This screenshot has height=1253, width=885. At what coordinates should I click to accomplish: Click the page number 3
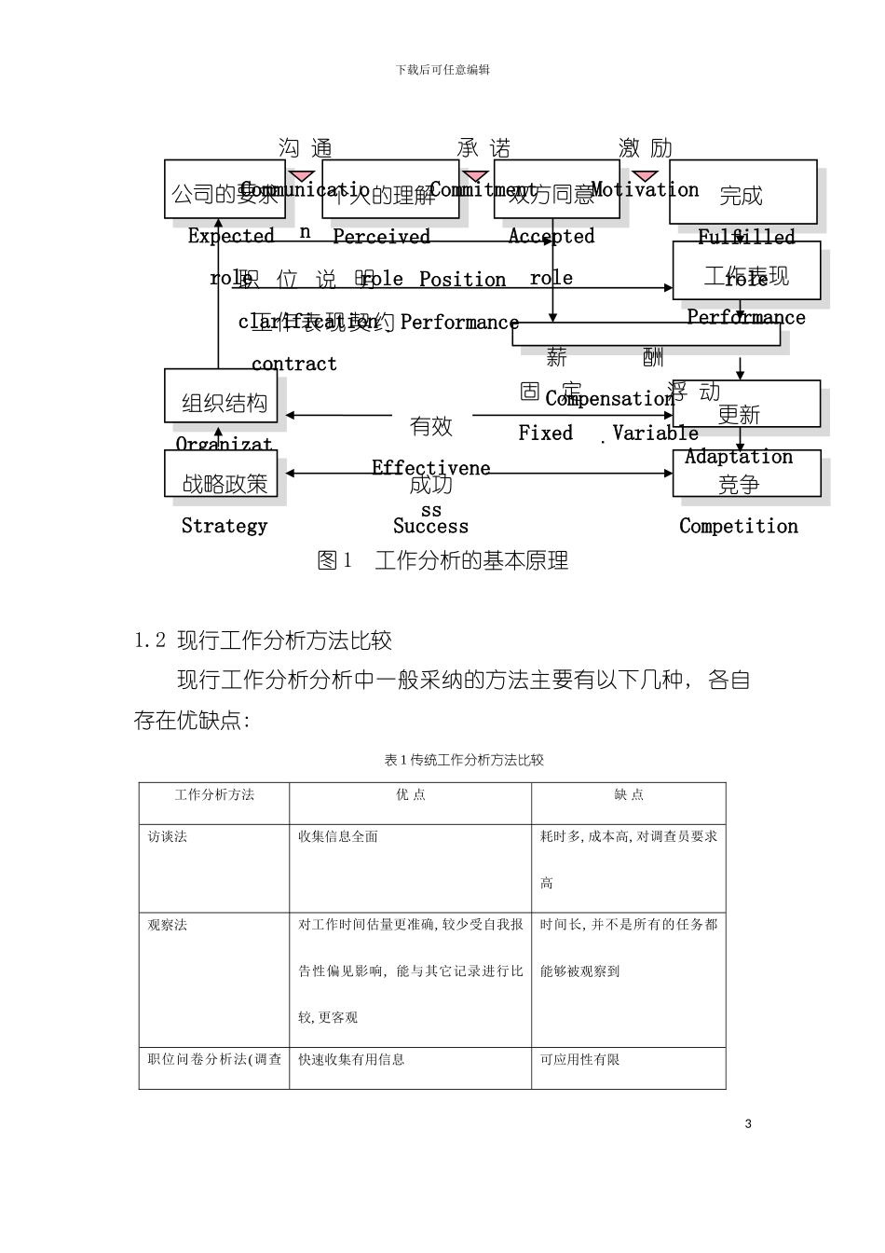[748, 1123]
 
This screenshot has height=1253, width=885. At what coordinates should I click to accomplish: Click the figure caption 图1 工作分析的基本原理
[442, 560]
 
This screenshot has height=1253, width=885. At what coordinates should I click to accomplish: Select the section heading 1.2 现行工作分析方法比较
[263, 640]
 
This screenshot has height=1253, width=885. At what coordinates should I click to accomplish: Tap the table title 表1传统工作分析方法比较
[464, 760]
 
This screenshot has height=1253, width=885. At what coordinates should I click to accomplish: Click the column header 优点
[411, 795]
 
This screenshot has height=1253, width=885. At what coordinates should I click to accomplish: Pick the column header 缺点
[629, 795]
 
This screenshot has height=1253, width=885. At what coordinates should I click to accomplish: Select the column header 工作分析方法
[214, 795]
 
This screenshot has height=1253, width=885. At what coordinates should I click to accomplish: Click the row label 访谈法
[168, 837]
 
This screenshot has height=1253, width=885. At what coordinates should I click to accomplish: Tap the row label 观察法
[168, 925]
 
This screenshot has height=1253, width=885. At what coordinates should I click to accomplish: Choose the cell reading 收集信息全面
[338, 837]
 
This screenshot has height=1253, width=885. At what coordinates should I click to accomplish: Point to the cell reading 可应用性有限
[579, 1060]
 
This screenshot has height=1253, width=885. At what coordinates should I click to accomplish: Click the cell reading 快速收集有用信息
[351, 1060]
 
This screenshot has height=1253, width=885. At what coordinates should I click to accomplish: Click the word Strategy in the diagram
[225, 526]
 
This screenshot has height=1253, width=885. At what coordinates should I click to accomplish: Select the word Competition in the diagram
[739, 526]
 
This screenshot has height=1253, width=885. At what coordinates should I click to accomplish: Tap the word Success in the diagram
[430, 526]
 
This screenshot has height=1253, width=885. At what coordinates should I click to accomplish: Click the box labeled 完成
[742, 193]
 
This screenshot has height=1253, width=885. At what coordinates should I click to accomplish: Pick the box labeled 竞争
[746, 475]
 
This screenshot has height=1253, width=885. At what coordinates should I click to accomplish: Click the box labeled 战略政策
[221, 475]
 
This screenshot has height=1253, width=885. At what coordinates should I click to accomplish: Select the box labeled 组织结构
[221, 396]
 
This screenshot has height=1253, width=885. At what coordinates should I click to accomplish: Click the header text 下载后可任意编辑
[442, 70]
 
